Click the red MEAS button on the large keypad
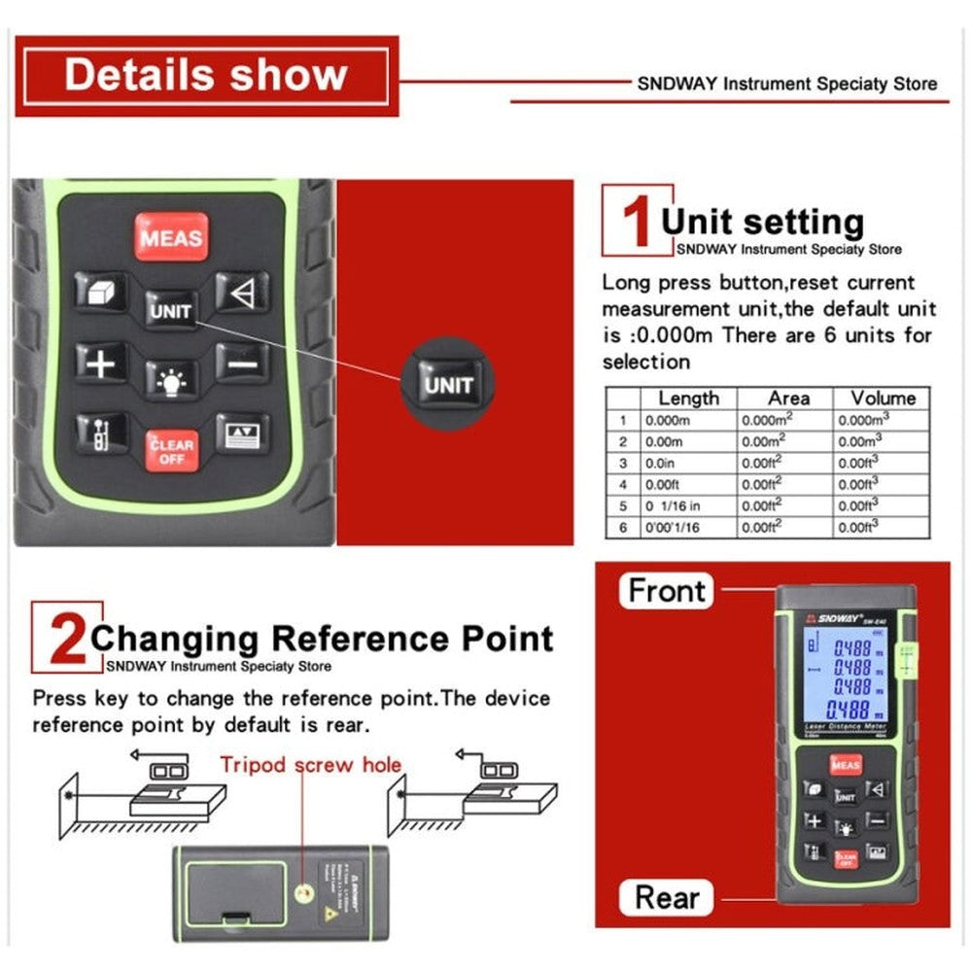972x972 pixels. [171, 237]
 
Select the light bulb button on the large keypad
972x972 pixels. [171, 378]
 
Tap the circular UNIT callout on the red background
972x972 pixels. [447, 385]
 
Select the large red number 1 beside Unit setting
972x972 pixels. [635, 222]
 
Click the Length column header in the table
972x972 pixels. [688, 398]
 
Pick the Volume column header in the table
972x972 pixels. [883, 398]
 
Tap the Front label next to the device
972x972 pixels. [667, 590]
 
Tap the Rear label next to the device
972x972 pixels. [667, 896]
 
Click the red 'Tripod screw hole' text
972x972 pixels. [310, 764]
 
